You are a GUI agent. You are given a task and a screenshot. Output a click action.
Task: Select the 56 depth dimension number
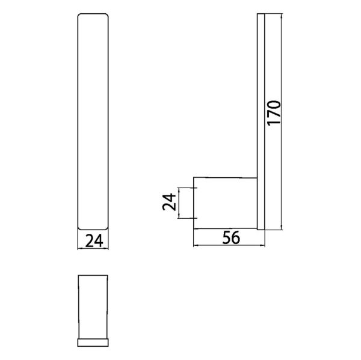(230, 238)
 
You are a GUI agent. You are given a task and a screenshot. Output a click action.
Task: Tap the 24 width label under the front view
(94, 241)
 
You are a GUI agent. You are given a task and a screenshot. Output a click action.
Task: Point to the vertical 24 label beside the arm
(170, 203)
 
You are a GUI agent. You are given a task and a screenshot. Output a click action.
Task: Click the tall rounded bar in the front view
(94, 120)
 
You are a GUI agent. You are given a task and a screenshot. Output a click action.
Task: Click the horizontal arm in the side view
(224, 203)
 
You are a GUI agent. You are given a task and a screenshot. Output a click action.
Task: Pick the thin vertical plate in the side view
(261, 120)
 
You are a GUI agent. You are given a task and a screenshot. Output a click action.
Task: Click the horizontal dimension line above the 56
(229, 246)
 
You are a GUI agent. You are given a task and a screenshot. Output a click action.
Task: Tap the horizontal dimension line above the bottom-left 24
(94, 249)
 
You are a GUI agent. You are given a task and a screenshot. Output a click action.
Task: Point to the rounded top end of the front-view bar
(94, 14)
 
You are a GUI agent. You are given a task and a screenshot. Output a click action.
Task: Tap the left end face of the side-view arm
(193, 203)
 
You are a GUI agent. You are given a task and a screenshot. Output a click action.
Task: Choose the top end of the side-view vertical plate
(261, 14)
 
